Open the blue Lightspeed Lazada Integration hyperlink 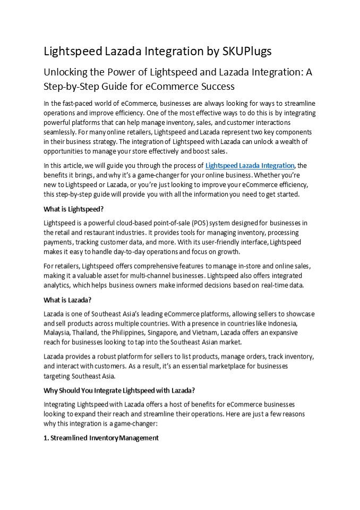pos(250,166)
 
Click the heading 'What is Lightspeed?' pos(73,209)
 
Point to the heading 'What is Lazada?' pos(67,300)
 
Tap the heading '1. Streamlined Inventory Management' pos(101,438)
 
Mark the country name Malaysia pos(57,333)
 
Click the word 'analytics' pos(59,285)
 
